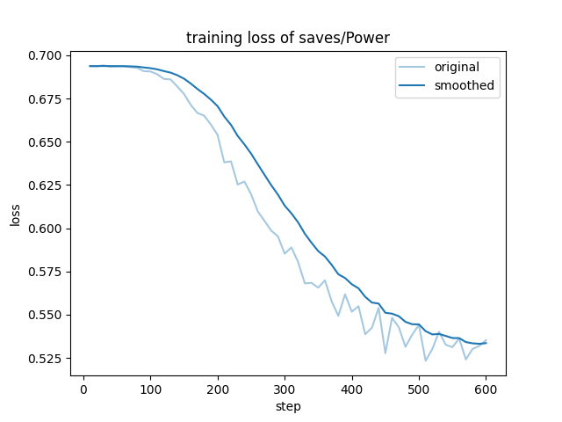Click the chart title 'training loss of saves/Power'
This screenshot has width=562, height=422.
288,38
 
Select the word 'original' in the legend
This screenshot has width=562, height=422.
458,67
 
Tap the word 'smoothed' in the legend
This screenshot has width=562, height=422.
465,85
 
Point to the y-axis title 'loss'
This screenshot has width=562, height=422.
15,214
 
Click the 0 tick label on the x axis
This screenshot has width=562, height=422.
83,390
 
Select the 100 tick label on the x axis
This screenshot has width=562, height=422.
150,390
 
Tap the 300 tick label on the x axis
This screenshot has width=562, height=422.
285,390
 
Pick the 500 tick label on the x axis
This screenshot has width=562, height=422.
419,390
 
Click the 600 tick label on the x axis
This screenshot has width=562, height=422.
486,390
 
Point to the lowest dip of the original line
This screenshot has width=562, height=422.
426,360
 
